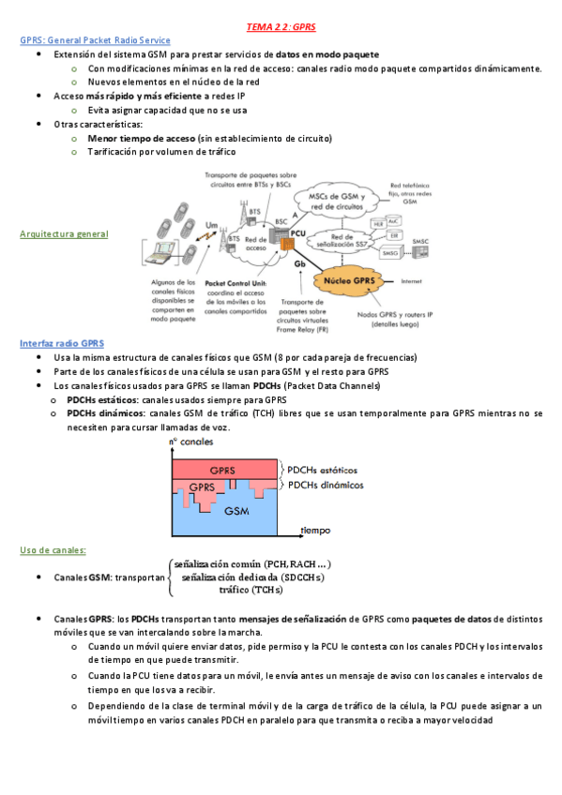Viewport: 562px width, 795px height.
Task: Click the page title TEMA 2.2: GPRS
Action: [281, 28]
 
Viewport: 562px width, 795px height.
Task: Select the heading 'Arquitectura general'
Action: [63, 234]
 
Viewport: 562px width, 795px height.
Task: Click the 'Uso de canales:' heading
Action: [53, 550]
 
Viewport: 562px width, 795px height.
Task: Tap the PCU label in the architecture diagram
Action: [298, 232]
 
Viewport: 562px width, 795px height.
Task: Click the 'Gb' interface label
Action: [300, 264]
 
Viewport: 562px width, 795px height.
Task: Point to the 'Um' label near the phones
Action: [211, 225]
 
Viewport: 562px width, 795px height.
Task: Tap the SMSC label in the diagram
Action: [421, 242]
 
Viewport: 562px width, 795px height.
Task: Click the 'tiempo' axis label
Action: [315, 530]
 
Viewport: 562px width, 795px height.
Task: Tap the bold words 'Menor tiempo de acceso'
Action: [141, 138]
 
